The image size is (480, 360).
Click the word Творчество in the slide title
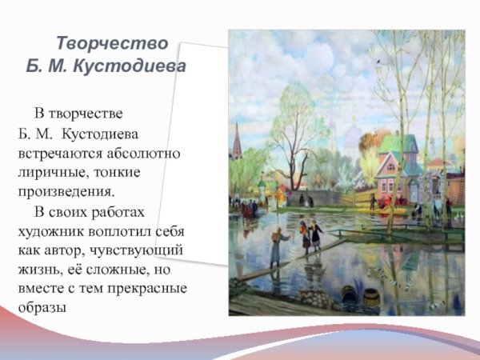(x=112, y=42)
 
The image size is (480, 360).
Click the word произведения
(x=66, y=192)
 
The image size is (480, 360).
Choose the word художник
(x=53, y=231)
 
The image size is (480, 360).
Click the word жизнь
(x=39, y=270)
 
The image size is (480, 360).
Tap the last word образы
(x=41, y=309)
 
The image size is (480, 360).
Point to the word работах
(x=118, y=212)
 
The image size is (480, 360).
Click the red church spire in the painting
(x=237, y=144)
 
